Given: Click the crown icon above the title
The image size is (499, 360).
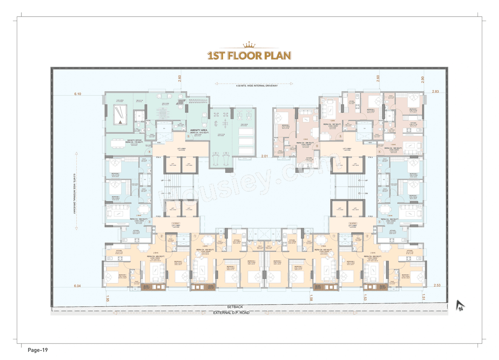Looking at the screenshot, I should point(249,45).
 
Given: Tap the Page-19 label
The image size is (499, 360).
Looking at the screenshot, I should point(37,350).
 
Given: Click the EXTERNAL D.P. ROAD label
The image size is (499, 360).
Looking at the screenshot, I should point(232,313).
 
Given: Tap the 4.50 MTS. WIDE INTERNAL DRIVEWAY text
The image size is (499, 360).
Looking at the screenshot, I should point(253,85).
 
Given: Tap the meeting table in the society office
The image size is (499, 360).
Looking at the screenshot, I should point(117,144).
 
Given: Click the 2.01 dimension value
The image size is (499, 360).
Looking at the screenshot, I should point(265,156).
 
